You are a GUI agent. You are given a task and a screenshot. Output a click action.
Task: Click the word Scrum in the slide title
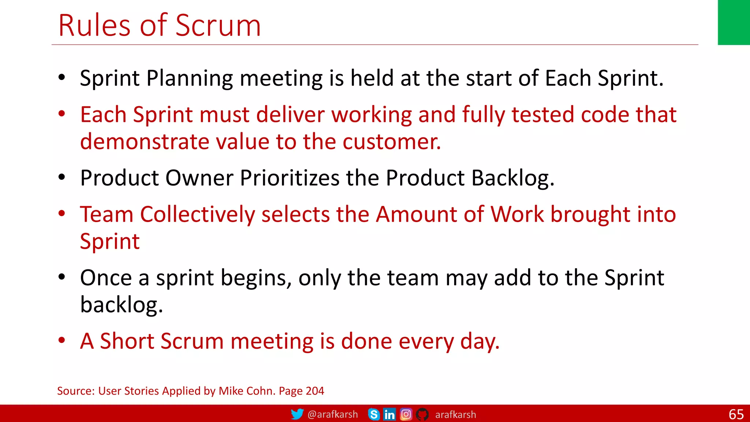(x=218, y=26)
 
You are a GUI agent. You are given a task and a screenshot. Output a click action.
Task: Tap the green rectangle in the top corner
(x=734, y=22)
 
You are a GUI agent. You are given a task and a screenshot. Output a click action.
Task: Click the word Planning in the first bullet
(x=189, y=79)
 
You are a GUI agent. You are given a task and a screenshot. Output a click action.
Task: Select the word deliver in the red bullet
(x=290, y=115)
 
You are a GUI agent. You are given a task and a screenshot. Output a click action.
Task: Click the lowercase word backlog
(x=121, y=305)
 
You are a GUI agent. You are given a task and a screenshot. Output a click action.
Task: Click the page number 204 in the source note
(x=315, y=391)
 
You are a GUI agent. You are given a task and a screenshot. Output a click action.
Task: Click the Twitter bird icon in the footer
(x=297, y=414)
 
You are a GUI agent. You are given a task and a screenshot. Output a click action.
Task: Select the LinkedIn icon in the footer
(x=389, y=414)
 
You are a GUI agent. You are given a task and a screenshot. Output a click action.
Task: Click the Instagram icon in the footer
(x=406, y=414)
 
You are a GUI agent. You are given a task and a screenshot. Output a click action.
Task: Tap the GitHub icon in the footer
(x=422, y=414)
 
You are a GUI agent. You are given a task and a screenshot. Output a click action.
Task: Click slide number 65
(x=736, y=414)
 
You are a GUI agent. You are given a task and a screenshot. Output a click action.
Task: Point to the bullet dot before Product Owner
(x=62, y=177)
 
